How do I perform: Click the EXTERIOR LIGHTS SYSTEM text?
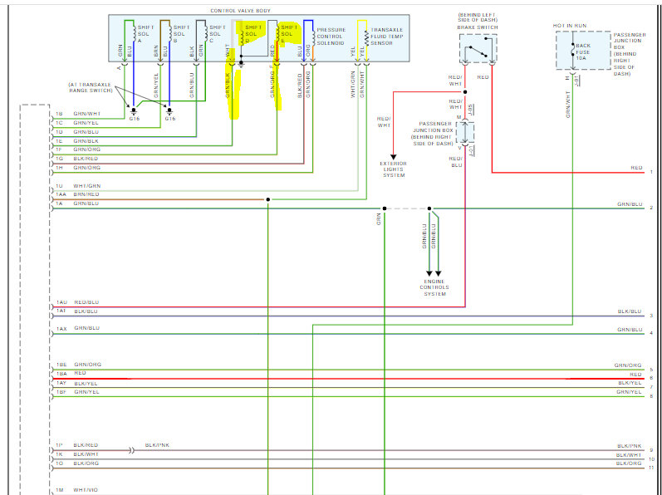click(394, 169)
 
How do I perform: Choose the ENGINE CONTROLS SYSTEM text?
click(434, 287)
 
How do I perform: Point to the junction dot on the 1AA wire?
click(267, 199)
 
